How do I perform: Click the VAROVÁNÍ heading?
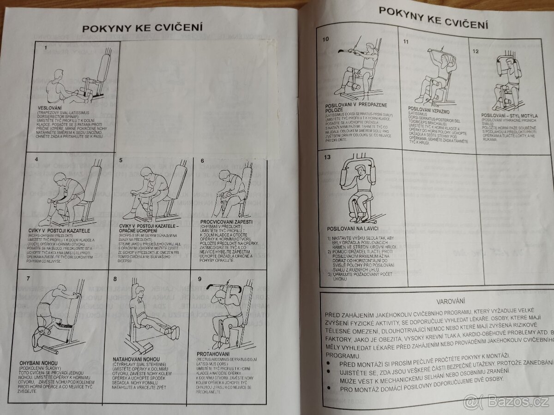tap(436, 300)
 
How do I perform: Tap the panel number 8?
tap(115, 278)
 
